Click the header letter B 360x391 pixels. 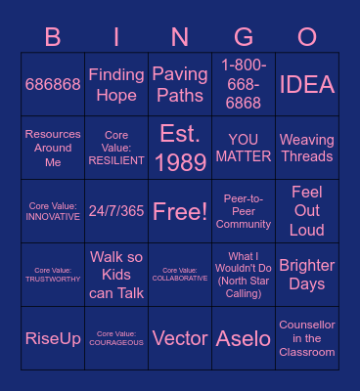(x=53, y=37)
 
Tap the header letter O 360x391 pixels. (x=307, y=37)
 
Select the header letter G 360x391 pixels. (x=244, y=37)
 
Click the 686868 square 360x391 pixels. (x=53, y=85)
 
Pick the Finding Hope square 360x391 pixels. (x=116, y=85)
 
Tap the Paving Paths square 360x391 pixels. (x=180, y=85)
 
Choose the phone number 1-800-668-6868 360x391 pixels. (x=244, y=85)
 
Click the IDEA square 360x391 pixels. (x=307, y=85)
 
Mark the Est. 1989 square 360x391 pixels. (x=180, y=148)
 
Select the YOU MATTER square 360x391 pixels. (x=244, y=148)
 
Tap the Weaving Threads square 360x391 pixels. (x=307, y=148)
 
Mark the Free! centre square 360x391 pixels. (x=180, y=211)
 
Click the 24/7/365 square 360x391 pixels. (x=116, y=211)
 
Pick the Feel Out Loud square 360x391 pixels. (x=307, y=211)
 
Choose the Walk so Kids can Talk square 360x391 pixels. (x=116, y=275)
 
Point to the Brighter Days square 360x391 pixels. (x=307, y=275)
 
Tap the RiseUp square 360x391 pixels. (x=53, y=338)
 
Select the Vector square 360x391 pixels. (x=180, y=338)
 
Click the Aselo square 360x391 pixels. (x=244, y=338)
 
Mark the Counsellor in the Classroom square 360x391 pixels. (x=307, y=338)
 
